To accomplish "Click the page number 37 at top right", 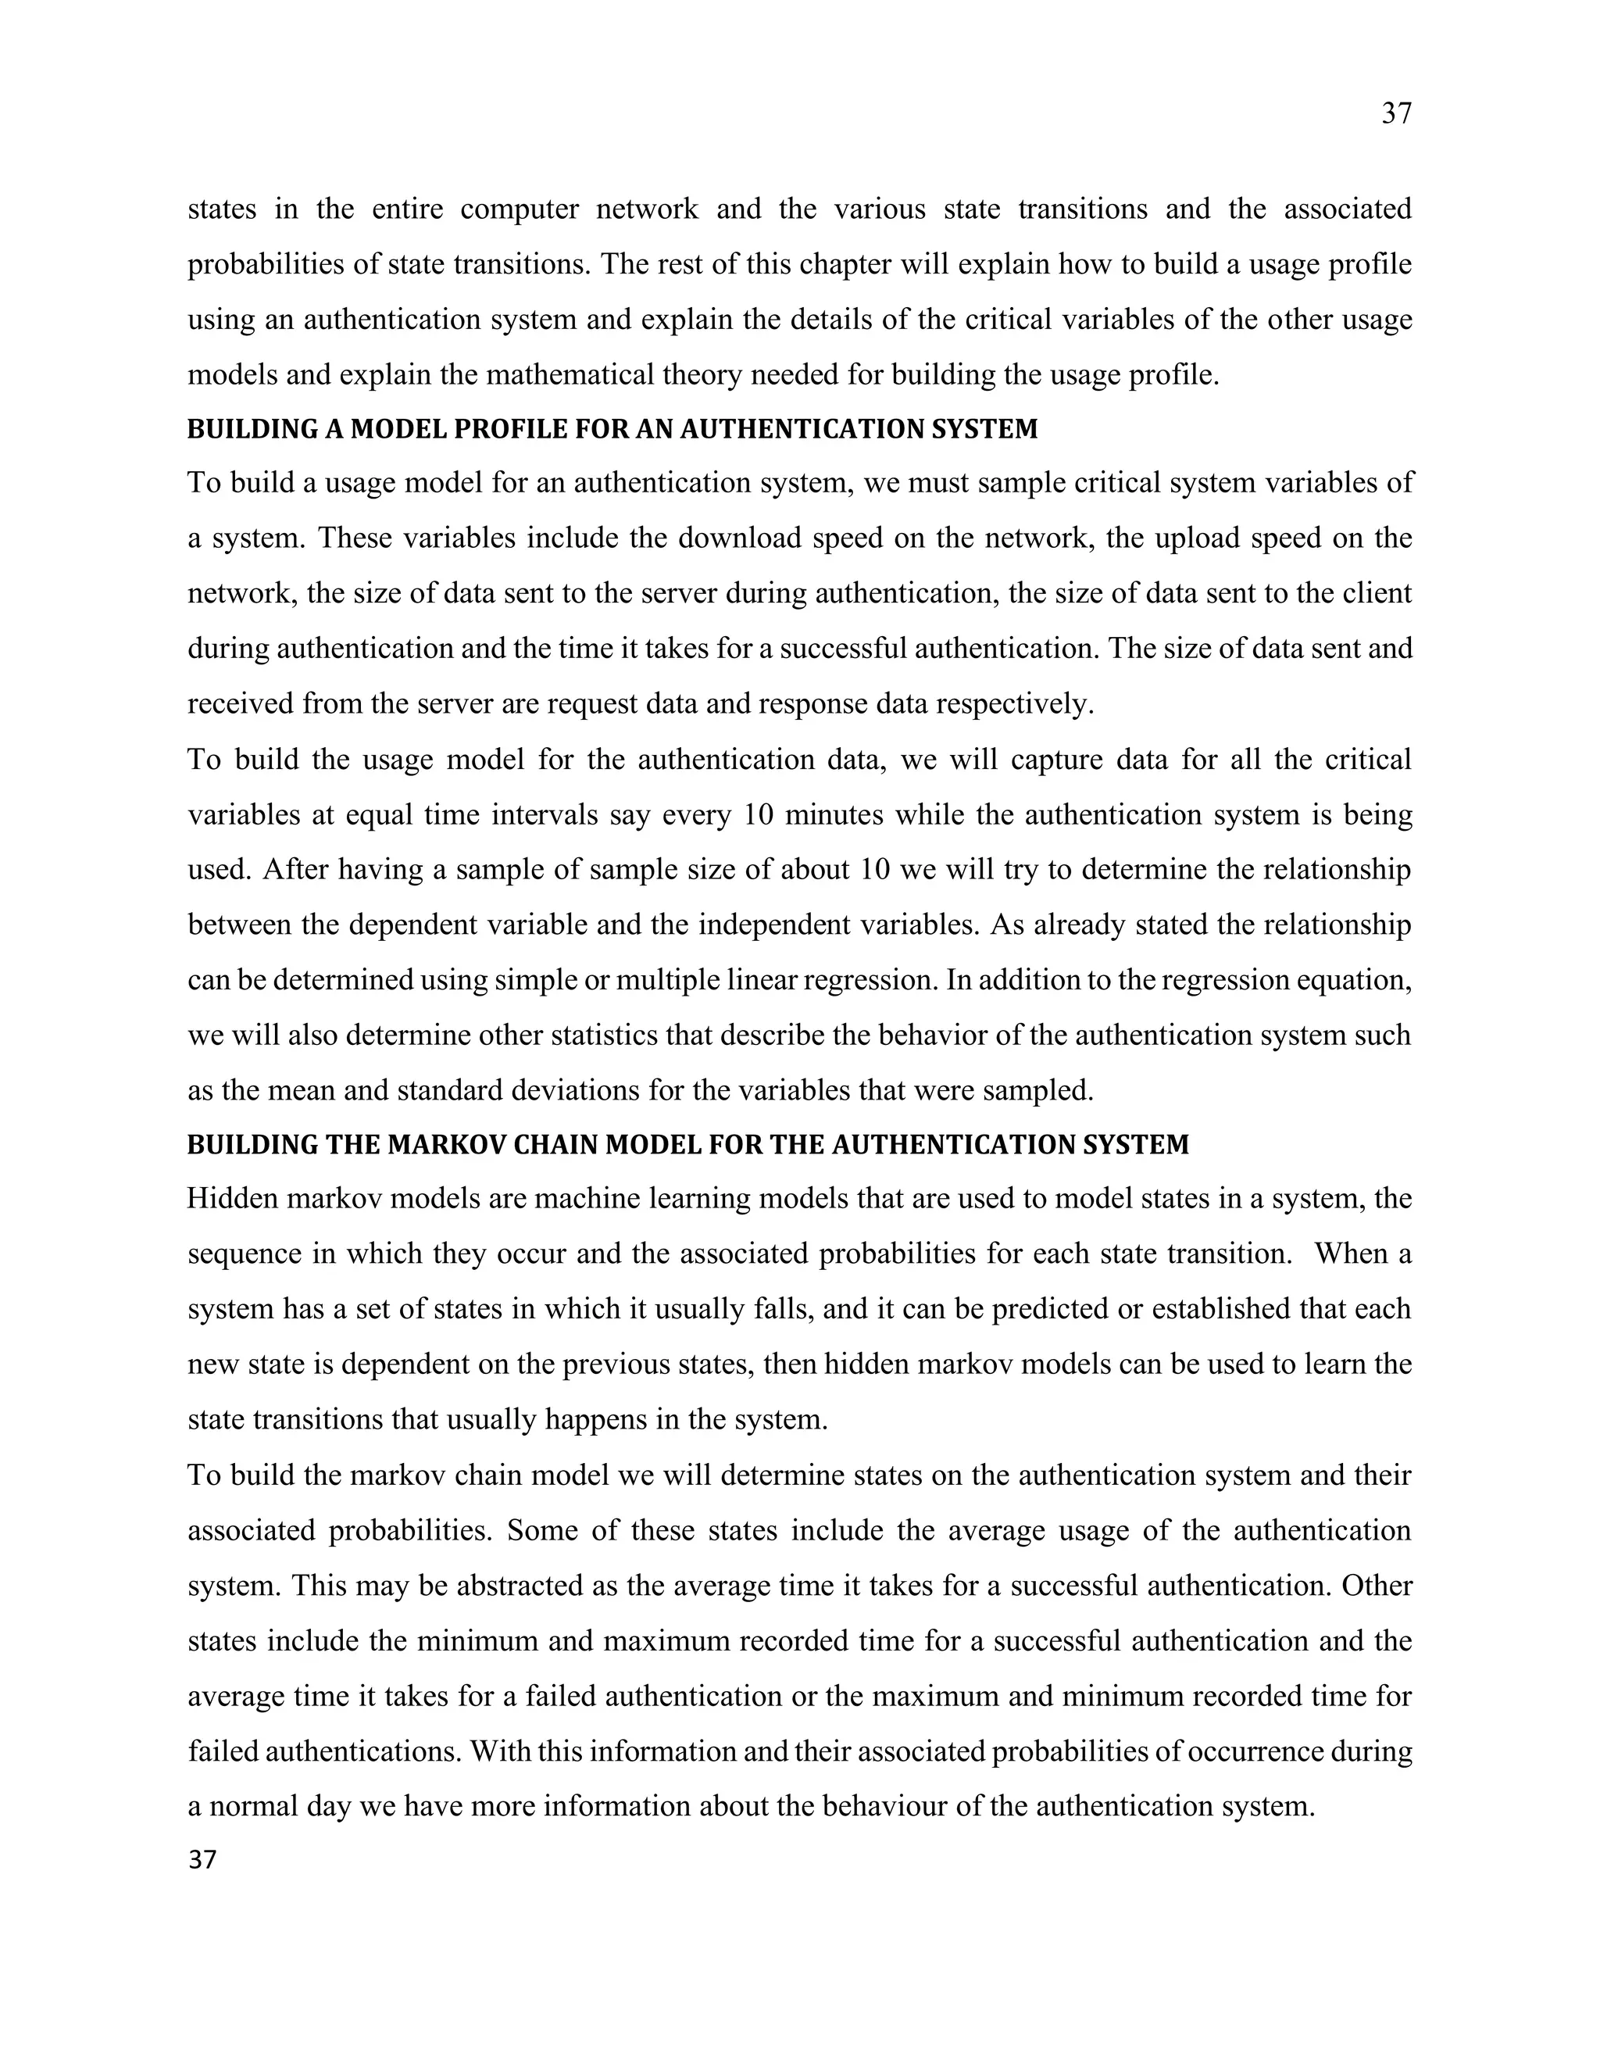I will [1396, 114].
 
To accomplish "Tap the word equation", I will [1348, 979].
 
